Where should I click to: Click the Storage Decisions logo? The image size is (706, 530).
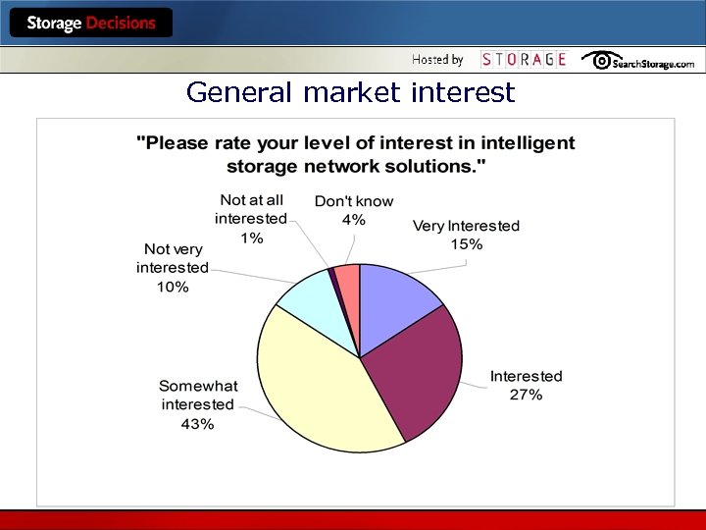click(91, 23)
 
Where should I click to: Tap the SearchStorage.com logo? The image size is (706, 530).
click(638, 61)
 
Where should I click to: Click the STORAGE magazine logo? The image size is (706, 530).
click(524, 60)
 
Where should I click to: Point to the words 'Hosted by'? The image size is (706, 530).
click(437, 60)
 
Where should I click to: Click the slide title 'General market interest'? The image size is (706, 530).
click(350, 93)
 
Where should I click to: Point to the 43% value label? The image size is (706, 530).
click(197, 424)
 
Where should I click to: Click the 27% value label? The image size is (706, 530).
click(526, 395)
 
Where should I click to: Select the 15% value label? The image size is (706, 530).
click(466, 244)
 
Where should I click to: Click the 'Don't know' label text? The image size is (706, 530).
click(354, 201)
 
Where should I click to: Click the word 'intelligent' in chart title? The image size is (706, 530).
click(527, 143)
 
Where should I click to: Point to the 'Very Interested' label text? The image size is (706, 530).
click(466, 226)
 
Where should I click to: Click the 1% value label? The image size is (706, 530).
click(251, 238)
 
